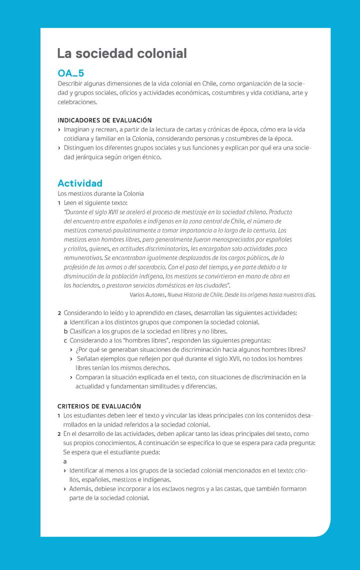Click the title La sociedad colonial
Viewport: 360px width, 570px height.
pos(122,53)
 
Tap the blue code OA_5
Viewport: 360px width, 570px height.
pos(70,73)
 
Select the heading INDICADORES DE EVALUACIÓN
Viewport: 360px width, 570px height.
pos(104,120)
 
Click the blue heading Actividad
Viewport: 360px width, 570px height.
pos(80,183)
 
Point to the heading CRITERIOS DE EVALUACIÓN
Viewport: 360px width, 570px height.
pos(99,406)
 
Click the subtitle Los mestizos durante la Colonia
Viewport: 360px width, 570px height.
pos(100,193)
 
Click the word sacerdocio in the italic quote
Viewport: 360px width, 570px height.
pos(149,267)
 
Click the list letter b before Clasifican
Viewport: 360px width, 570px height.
pos(65,331)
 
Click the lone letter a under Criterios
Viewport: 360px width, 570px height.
pos(65,461)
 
